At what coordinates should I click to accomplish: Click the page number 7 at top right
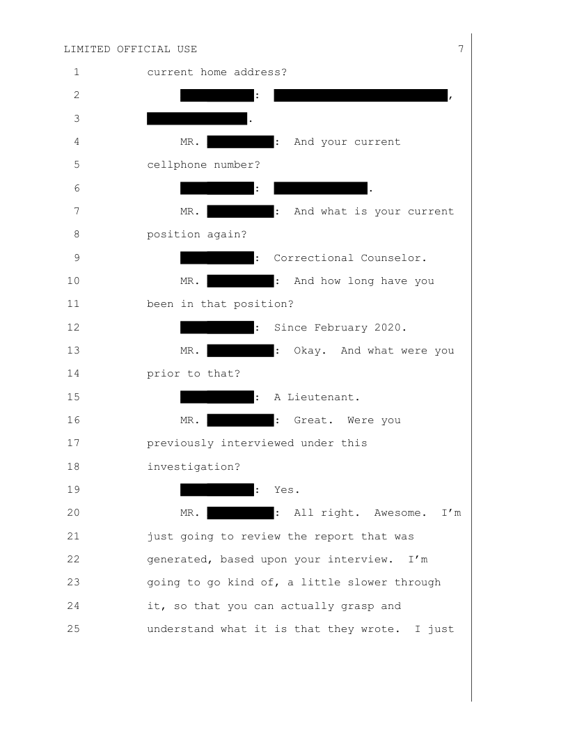click(x=461, y=49)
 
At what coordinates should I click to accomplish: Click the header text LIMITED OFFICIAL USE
click(x=130, y=49)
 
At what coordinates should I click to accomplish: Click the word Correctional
click(x=313, y=258)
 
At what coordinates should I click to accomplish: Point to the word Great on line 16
click(x=313, y=420)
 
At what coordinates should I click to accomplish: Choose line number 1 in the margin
click(x=76, y=72)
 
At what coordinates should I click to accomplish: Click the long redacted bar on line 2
click(x=361, y=95)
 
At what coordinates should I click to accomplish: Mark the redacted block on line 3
click(x=197, y=118)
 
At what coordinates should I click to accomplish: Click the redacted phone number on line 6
click(x=320, y=188)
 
